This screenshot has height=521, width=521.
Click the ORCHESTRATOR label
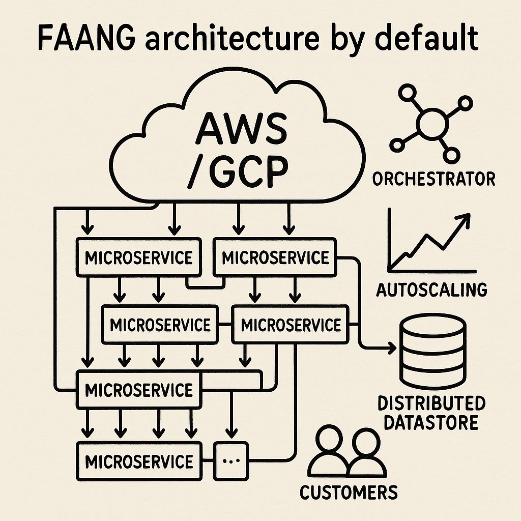pos(433,179)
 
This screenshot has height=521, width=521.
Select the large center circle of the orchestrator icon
pos(431,124)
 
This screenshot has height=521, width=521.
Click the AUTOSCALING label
pos(431,290)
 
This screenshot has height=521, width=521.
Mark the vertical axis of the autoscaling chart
pos(390,239)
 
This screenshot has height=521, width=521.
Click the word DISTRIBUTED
pos(431,403)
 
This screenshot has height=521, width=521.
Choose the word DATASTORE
pos(431,422)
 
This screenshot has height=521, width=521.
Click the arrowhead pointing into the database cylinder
pos(392,348)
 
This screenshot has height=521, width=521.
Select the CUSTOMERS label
pos(349,492)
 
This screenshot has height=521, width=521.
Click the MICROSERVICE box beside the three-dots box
pos(139,461)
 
